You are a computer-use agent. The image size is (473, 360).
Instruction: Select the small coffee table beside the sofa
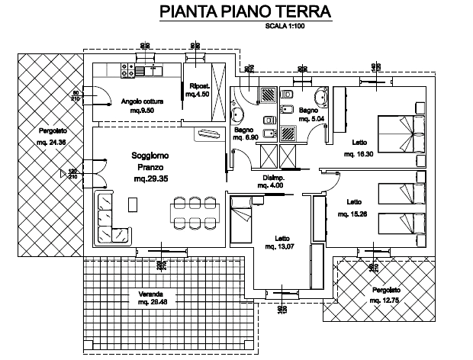(x=134, y=204)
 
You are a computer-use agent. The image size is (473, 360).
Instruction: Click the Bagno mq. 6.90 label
(x=245, y=134)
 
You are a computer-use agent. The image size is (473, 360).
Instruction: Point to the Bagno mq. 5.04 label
(x=311, y=114)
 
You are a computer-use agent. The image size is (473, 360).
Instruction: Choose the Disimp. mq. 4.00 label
(x=272, y=181)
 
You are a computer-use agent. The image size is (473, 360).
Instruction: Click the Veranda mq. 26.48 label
(x=153, y=299)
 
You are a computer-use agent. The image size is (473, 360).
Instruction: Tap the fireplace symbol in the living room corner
(x=207, y=134)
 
